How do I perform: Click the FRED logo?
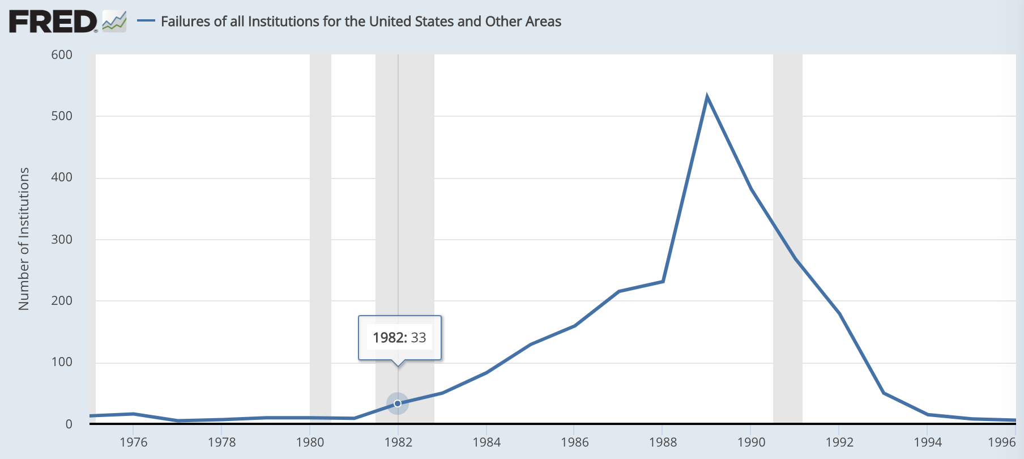(53, 22)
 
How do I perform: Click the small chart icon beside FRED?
(114, 22)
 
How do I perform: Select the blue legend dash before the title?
(146, 22)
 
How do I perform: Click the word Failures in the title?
(184, 22)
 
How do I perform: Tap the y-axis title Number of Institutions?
(24, 239)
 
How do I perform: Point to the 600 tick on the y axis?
(62, 55)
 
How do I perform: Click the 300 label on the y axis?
(62, 239)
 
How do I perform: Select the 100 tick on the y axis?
(62, 362)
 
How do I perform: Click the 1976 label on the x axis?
(134, 443)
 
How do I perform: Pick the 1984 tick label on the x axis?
(487, 443)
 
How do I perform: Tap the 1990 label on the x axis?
(751, 443)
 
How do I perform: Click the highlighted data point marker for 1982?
(398, 403)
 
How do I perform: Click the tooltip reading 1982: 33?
(400, 338)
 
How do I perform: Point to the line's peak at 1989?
(707, 97)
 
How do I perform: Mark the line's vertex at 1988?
(663, 282)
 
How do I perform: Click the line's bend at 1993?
(884, 393)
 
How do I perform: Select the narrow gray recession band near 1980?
(321, 227)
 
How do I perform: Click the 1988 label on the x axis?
(663, 443)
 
